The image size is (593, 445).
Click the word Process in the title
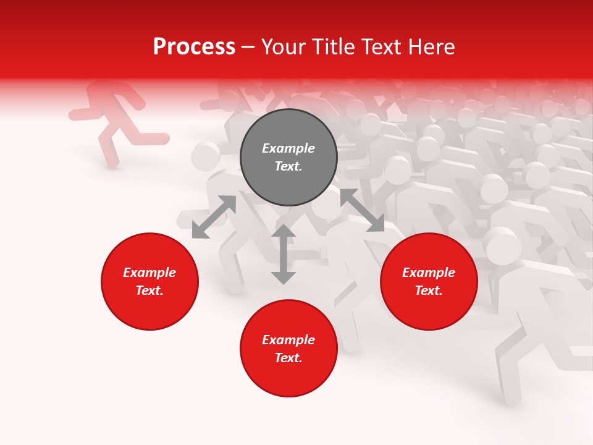194,48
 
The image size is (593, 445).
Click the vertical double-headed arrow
284,255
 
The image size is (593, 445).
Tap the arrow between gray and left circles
214,217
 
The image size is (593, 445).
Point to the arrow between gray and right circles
362,210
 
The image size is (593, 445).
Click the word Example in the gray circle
288,148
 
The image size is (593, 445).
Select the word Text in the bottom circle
288,358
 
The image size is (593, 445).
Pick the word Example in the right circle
429,273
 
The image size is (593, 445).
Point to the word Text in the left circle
149,290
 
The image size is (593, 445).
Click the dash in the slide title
248,48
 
